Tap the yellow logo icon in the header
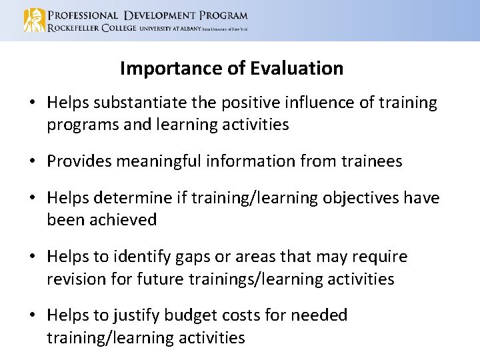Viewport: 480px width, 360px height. click(34, 20)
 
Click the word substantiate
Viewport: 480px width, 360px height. click(139, 103)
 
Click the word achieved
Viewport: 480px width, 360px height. click(121, 220)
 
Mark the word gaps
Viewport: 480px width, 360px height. click(192, 257)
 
